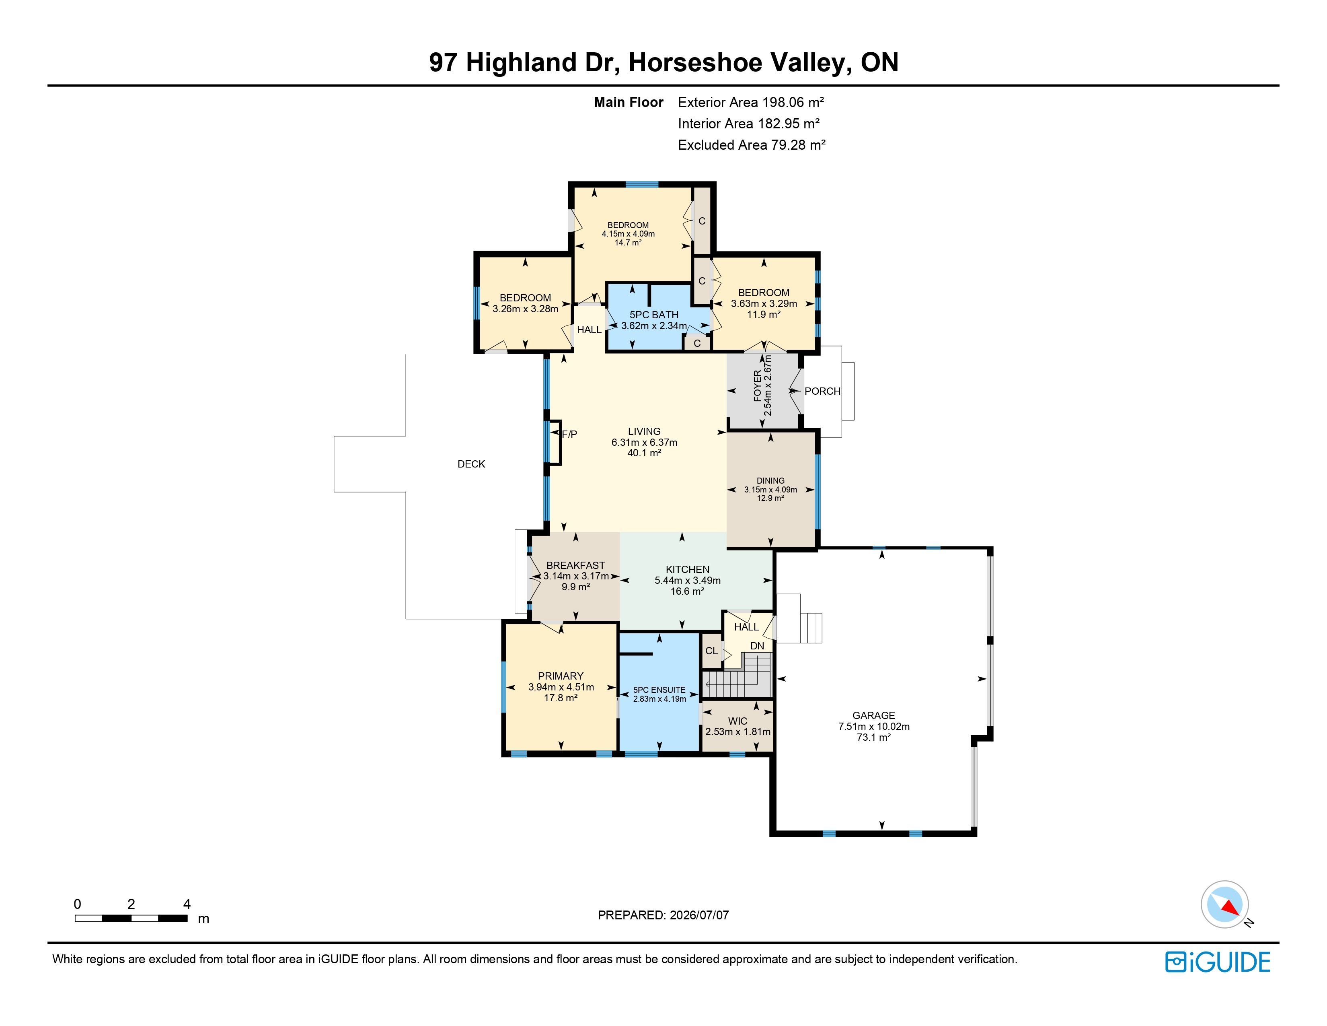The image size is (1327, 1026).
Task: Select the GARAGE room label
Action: pyautogui.click(x=874, y=715)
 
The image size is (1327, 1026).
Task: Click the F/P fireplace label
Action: pyautogui.click(x=569, y=434)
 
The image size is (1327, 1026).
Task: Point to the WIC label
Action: pyautogui.click(x=737, y=721)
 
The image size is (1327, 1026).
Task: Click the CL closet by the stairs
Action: pyautogui.click(x=711, y=650)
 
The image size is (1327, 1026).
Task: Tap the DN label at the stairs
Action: pyautogui.click(x=757, y=645)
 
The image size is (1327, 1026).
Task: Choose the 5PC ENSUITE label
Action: pyautogui.click(x=659, y=690)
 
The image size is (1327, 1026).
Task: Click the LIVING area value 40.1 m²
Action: pyautogui.click(x=644, y=453)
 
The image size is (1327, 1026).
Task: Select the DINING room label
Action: pyautogui.click(x=770, y=480)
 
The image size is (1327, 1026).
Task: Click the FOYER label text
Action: pyautogui.click(x=757, y=385)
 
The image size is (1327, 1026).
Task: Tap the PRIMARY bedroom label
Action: pyautogui.click(x=560, y=676)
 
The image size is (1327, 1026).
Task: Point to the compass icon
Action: pyautogui.click(x=1225, y=904)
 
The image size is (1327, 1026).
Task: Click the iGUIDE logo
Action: pyautogui.click(x=1218, y=962)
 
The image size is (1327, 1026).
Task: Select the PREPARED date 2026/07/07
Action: pyautogui.click(x=699, y=915)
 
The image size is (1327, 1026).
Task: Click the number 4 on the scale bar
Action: pyautogui.click(x=187, y=904)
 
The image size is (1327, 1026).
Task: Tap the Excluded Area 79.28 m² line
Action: pyautogui.click(x=752, y=145)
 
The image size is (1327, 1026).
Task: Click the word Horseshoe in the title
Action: pyautogui.click(x=695, y=63)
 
